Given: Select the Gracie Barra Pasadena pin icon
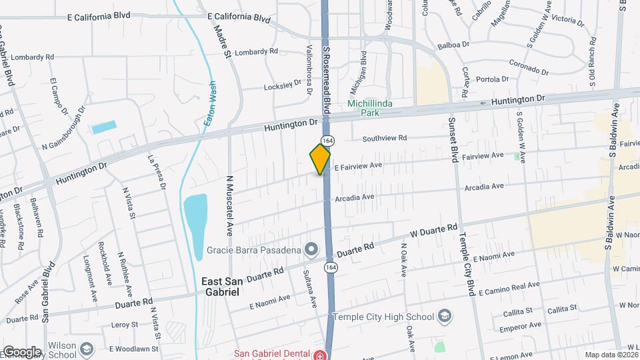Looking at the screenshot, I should point(311,250).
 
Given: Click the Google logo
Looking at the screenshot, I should point(21,352).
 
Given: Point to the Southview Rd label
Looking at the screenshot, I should point(384,139).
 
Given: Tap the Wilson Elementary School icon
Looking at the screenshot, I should point(87,349).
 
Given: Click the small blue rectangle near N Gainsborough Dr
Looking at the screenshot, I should point(104,127).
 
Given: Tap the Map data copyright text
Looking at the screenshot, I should point(611,355).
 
